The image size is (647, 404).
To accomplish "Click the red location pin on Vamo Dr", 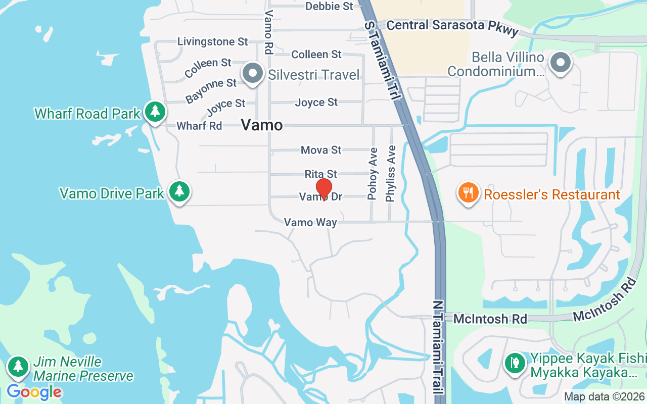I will [x=323, y=189].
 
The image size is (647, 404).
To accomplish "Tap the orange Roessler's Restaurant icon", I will [x=469, y=193].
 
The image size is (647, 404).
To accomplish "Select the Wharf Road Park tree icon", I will [x=155, y=111].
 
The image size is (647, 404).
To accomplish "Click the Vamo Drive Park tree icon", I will [x=179, y=191].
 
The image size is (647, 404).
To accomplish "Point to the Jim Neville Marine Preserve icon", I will [x=19, y=366].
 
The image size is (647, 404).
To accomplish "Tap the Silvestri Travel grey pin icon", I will [x=253, y=74].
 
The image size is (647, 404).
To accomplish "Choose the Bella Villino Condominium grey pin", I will [x=560, y=64].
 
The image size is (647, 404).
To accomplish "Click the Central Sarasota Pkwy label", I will [x=452, y=26].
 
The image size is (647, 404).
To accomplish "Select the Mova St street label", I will [x=321, y=150].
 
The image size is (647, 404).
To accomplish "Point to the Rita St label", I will [x=320, y=174].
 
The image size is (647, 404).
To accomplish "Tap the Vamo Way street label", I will [x=310, y=222].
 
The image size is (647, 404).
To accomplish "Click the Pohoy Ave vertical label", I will [x=373, y=173].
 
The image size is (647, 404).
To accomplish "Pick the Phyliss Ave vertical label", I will [x=390, y=174].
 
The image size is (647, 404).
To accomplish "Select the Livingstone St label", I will [x=213, y=41].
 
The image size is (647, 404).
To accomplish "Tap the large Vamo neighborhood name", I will [x=262, y=125].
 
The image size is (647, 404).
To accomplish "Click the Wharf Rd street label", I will [x=199, y=126].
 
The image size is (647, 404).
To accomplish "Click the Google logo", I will [x=34, y=392].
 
